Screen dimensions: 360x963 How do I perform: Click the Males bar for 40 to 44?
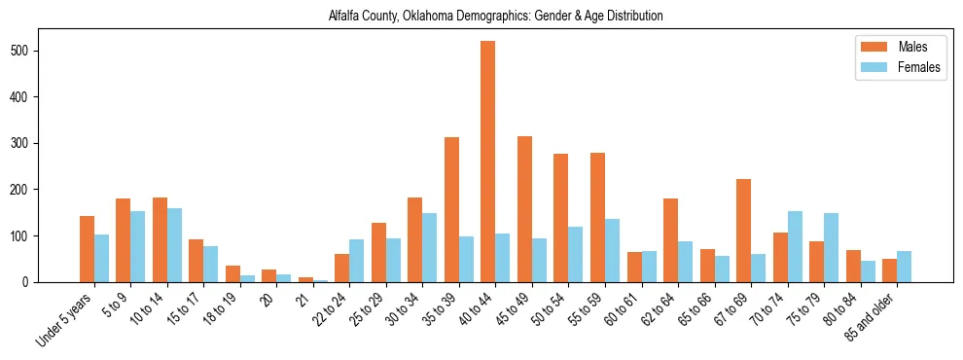point(487,162)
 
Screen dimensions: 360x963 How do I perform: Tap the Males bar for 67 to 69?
point(743,231)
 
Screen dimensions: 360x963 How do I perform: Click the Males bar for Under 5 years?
point(87,249)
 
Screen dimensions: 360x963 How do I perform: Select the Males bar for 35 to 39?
point(451,209)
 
